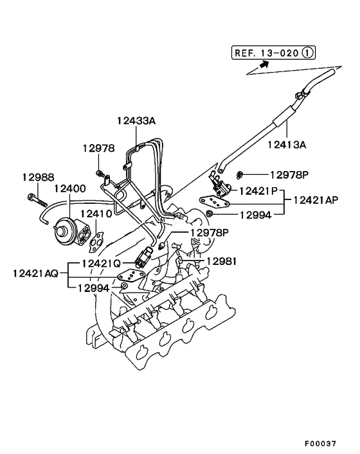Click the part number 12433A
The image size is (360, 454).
click(137, 120)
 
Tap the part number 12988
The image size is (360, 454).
click(39, 177)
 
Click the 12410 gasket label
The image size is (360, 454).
click(96, 213)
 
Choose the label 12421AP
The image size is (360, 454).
click(315, 200)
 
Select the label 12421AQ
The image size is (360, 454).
click(35, 273)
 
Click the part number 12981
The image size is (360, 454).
click(221, 261)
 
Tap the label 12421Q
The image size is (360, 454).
click(100, 264)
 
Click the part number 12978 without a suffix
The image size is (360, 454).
click(98, 148)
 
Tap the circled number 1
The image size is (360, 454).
click(309, 54)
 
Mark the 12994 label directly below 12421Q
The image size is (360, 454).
click(93, 289)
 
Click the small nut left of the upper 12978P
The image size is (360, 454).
click(239, 174)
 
